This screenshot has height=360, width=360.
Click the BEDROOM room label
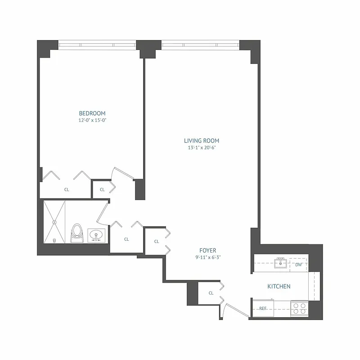(92, 113)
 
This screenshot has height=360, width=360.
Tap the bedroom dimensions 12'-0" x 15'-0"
(92, 120)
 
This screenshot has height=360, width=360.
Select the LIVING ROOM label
(201, 140)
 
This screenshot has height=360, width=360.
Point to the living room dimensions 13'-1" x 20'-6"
(201, 147)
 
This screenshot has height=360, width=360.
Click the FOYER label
(208, 250)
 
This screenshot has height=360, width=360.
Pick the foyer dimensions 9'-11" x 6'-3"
(208, 257)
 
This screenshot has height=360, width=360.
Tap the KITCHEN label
(279, 286)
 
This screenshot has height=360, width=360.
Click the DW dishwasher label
(298, 265)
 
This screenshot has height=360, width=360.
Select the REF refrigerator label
(263, 308)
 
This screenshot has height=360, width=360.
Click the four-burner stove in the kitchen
(299, 308)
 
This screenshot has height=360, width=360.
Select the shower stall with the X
(54, 222)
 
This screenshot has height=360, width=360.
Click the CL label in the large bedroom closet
(67, 190)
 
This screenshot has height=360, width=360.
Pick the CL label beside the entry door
(211, 293)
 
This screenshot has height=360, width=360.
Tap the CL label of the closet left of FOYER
(157, 242)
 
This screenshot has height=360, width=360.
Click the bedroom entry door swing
(121, 173)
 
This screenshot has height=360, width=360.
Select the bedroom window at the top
(97, 45)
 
